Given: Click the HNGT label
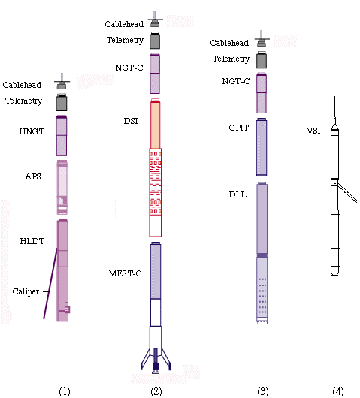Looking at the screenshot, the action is [x=32, y=131].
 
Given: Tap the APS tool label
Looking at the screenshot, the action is [x=33, y=176].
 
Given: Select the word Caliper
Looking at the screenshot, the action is [x=26, y=291].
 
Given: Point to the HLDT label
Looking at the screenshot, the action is [x=32, y=241].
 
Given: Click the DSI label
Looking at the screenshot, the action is [x=131, y=121].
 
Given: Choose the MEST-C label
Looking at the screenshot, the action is [x=125, y=273].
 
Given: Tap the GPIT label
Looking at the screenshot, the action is [x=238, y=128].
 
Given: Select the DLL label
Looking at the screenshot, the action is [x=237, y=194].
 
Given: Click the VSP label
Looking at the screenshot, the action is [x=314, y=131].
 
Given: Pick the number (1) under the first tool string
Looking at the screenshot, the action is [x=65, y=391].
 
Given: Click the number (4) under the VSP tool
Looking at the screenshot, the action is [x=338, y=391].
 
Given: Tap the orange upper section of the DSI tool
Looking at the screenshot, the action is [x=156, y=124].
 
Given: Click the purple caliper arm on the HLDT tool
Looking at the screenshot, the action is [x=50, y=283].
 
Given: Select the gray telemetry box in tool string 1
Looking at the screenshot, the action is [x=62, y=102].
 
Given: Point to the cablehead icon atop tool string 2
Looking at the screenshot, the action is [x=155, y=19].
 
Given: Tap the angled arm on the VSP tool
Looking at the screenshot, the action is [x=348, y=193].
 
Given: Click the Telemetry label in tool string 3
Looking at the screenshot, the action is [x=231, y=59].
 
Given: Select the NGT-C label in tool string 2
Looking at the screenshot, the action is [x=129, y=68].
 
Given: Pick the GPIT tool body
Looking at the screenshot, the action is [x=262, y=146].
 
